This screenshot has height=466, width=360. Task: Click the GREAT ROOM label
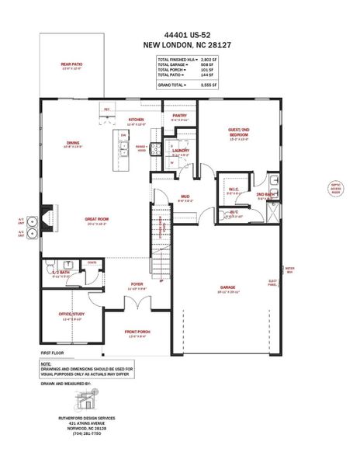[x=97, y=220]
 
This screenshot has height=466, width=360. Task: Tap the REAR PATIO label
[x=71, y=64]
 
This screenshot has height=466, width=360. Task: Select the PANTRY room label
[x=178, y=115]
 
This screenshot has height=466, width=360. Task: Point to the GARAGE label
[x=227, y=287]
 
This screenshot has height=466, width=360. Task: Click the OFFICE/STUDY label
[x=71, y=314]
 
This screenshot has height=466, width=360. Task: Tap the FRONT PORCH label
[x=137, y=332]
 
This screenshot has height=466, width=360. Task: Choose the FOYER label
[x=137, y=285]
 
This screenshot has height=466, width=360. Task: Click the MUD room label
[x=185, y=196]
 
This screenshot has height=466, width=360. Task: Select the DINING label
[x=73, y=143]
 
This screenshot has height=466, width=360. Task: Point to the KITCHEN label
[x=137, y=120]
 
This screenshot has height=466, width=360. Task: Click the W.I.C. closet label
[x=233, y=189]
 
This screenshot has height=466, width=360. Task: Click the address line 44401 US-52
[x=179, y=35]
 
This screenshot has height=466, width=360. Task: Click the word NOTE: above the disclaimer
[x=46, y=363]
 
